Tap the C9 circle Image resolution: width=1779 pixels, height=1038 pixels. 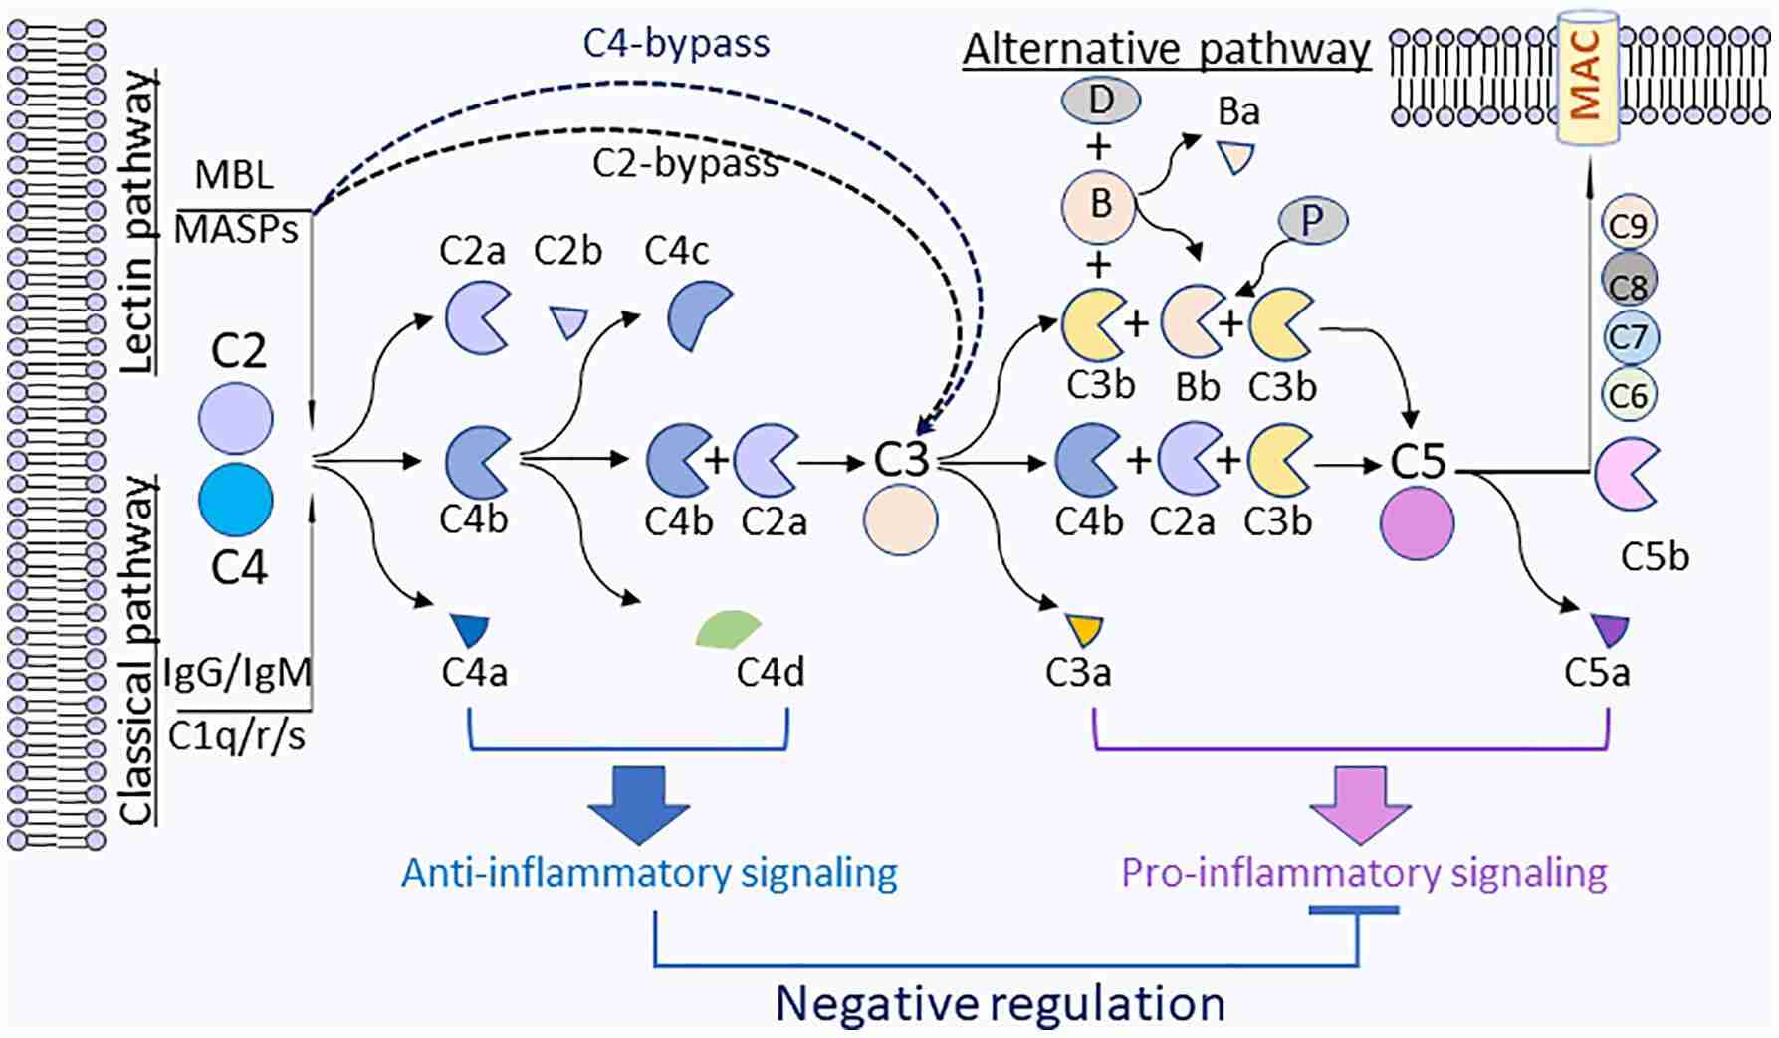(1628, 225)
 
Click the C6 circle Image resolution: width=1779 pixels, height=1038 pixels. (1629, 396)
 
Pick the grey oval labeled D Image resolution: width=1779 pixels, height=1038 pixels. (1100, 100)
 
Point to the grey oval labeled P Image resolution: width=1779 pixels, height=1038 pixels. (1312, 222)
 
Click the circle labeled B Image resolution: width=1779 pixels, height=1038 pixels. (1099, 206)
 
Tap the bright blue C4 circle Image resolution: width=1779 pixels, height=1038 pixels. (236, 501)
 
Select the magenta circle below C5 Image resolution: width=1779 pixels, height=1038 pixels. (1417, 523)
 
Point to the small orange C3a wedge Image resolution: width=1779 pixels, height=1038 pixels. (1084, 629)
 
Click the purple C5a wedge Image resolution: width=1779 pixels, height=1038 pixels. (1609, 630)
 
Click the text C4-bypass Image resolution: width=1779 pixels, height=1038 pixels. (676, 43)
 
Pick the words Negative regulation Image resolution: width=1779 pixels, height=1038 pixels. (1000, 1003)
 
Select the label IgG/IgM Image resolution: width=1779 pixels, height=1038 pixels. (237, 673)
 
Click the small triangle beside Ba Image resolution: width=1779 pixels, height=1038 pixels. (1236, 157)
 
